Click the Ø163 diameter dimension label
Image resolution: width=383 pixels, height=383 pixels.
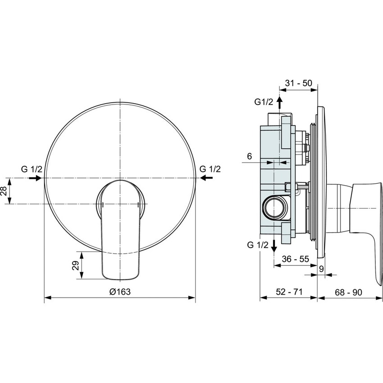[119, 292]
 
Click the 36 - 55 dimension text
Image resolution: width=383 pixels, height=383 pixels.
[295, 260]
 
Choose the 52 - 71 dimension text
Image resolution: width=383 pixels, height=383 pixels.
[288, 292]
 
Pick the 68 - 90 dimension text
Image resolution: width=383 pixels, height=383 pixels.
[348, 292]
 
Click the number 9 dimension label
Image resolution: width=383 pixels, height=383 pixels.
[321, 269]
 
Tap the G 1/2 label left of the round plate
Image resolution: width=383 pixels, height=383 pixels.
[32, 169]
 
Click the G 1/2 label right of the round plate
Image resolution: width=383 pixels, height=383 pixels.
[210, 169]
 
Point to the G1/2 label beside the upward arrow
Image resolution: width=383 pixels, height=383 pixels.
[264, 102]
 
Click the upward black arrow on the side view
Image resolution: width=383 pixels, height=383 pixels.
[279, 103]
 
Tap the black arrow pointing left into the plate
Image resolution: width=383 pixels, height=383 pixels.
[206, 178]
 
